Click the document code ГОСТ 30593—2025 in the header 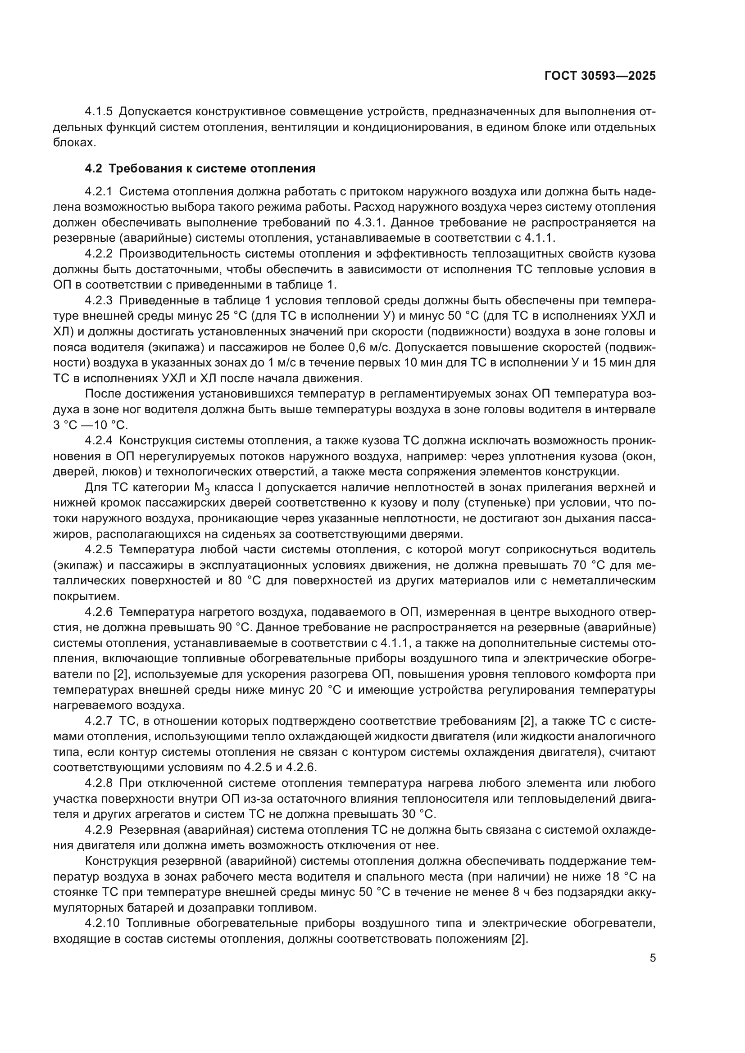click(600, 76)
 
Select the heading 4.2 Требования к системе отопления click(200, 168)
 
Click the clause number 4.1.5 click(99, 112)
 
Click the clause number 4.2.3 click(99, 301)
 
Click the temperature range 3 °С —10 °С click(91, 425)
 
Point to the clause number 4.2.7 click(99, 721)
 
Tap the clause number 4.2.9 click(99, 830)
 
